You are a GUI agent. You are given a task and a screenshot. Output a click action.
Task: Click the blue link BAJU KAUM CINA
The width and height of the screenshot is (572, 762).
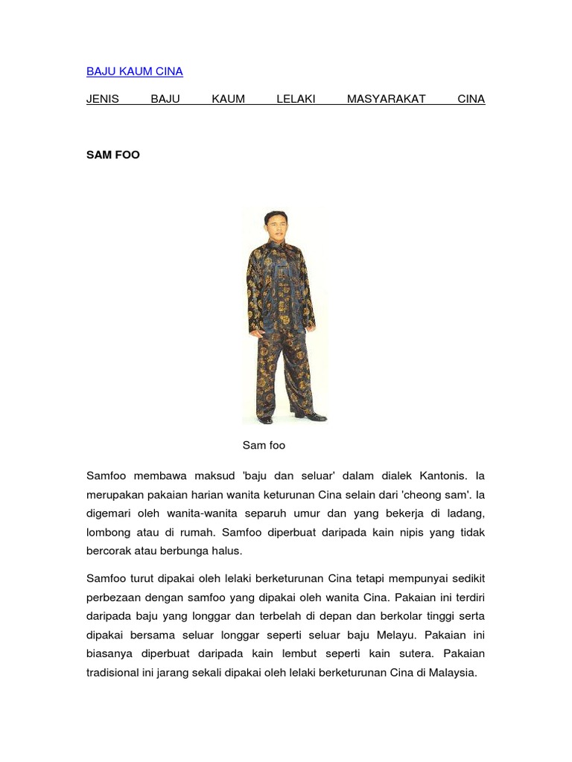[134, 71]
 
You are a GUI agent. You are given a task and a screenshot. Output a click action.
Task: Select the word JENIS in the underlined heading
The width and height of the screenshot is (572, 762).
[103, 99]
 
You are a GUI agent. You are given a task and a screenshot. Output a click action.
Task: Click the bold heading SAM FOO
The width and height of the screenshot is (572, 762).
[113, 156]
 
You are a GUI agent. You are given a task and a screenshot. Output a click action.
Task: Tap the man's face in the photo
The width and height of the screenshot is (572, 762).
[276, 225]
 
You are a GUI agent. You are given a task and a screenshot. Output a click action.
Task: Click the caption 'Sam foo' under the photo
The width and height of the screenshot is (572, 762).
[264, 446]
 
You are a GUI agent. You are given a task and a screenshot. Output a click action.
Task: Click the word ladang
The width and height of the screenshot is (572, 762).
[467, 513]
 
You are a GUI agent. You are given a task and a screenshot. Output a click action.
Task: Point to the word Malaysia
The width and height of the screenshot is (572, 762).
[449, 673]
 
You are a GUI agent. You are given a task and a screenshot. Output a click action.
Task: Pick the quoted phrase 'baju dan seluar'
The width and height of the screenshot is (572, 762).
[275, 476]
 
